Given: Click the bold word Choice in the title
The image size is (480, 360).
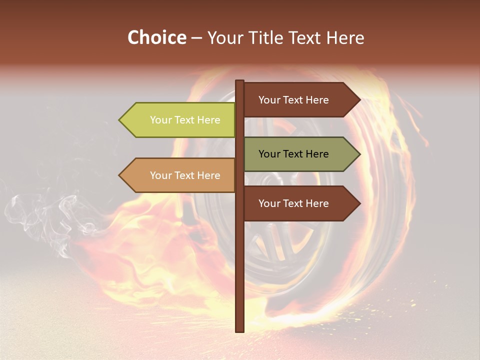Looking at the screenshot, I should click(156, 37).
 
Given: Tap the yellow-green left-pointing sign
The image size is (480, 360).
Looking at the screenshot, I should click(180, 120).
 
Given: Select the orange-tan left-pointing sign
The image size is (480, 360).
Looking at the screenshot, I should click(180, 175).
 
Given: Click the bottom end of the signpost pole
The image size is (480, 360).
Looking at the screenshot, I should click(239, 330).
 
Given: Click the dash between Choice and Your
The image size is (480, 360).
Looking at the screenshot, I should click(196, 37).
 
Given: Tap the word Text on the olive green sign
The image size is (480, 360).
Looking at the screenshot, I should click(293, 154).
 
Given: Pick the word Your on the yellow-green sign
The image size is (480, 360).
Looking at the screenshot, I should click(160, 120).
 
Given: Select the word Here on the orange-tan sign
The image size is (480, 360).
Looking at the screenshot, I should click(208, 175).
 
